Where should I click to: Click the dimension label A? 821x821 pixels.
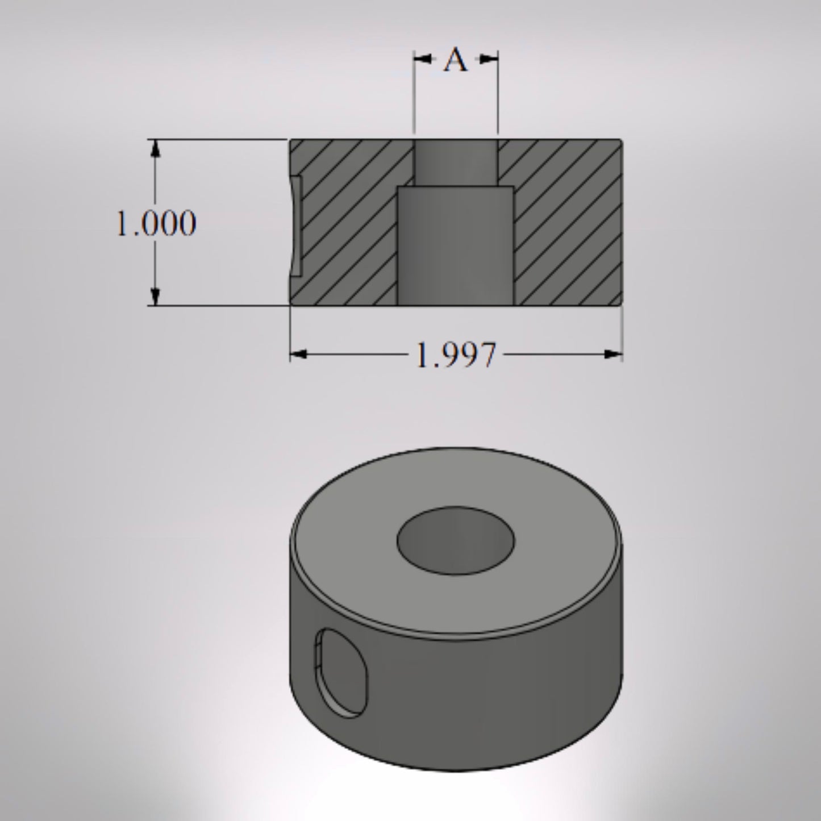456,60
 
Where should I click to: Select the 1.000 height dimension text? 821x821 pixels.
156,223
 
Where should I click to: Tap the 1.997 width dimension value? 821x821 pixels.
456,356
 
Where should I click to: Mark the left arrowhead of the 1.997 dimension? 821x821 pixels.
299,355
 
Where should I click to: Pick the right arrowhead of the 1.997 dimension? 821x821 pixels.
612,355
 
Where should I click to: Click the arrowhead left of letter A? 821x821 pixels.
422,58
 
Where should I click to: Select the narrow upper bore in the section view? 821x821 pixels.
456,162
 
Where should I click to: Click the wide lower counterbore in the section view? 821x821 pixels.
456,245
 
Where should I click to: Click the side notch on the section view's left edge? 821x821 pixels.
296,226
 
